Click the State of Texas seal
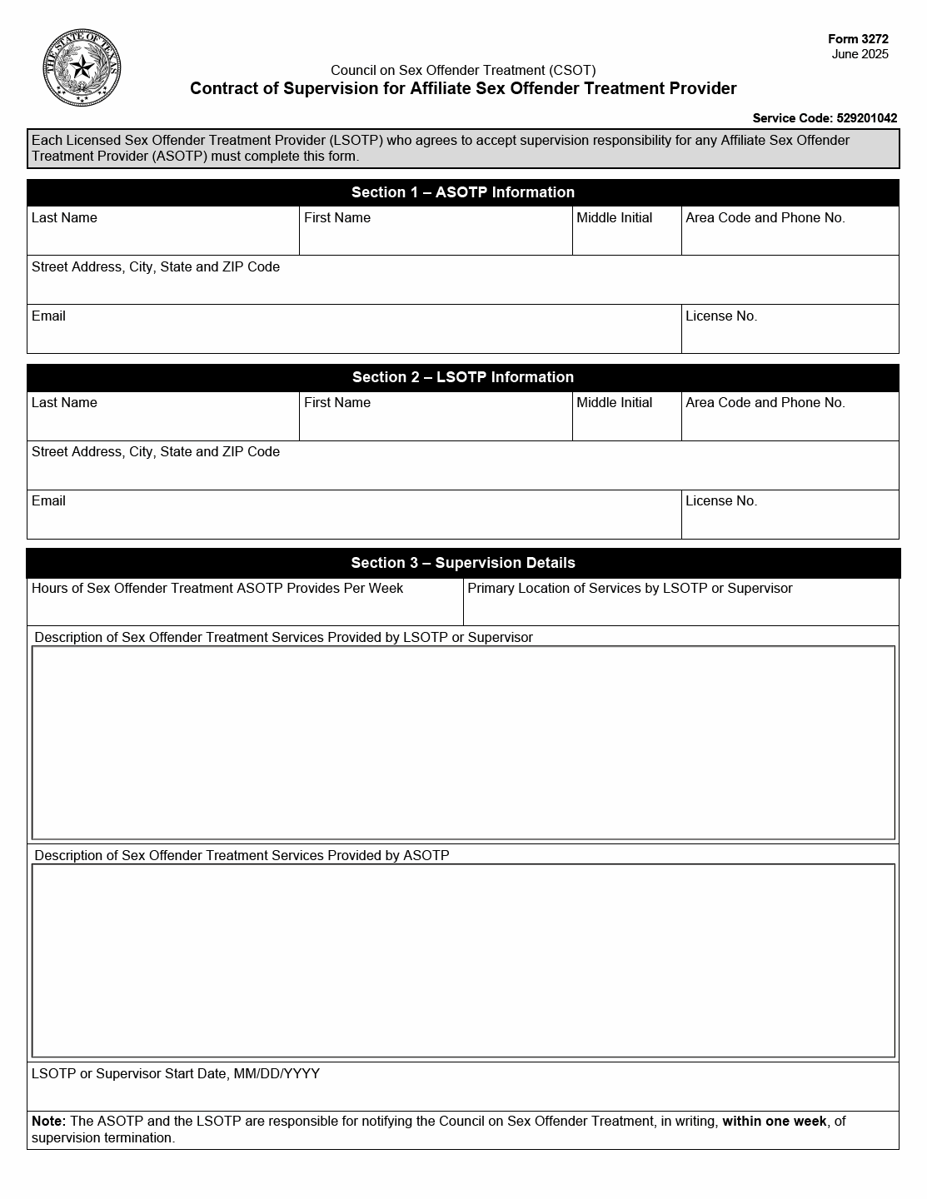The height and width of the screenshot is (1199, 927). pos(81,68)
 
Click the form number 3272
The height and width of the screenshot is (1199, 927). pos(858,39)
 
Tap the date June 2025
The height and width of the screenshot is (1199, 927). pos(860,54)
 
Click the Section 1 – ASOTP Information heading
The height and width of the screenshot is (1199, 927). pos(463,192)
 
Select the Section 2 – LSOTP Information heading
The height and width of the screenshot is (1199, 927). pos(463,377)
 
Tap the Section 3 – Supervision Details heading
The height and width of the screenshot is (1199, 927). pos(463,563)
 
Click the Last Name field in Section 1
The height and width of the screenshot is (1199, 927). pos(163,238)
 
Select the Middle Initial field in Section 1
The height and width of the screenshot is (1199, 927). pos(626,238)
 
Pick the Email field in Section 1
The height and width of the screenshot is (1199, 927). pos(354,336)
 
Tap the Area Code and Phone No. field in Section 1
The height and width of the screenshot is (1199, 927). pos(790,238)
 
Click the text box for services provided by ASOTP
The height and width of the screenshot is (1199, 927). pos(463,961)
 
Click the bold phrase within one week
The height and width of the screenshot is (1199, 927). pos(775,1122)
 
